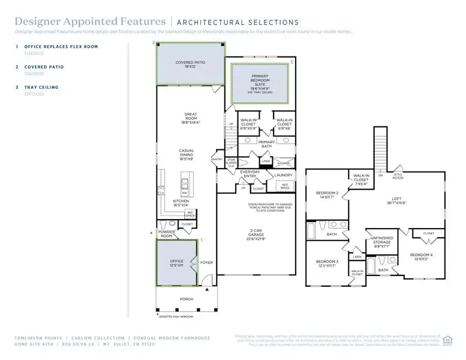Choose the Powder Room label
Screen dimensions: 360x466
click(x=166, y=233)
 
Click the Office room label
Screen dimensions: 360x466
click(x=176, y=263)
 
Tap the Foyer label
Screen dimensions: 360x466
click(x=206, y=262)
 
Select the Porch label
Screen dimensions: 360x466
click(x=187, y=298)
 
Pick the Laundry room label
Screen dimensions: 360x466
click(x=282, y=175)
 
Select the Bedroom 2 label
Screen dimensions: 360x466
click(x=327, y=194)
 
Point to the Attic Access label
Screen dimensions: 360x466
click(x=398, y=176)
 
